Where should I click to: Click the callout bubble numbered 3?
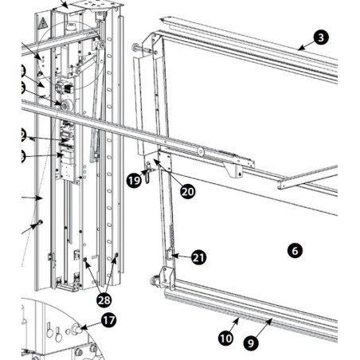[320, 37]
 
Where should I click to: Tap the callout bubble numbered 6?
[295, 251]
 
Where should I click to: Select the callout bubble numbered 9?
[251, 344]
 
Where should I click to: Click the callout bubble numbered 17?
[108, 321]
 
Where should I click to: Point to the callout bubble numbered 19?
[134, 182]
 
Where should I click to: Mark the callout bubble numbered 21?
[198, 257]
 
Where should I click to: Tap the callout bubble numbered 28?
[104, 300]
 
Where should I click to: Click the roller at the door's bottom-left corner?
[153, 280]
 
